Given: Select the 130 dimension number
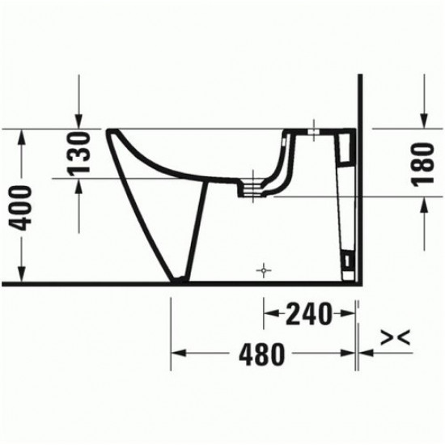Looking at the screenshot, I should click(x=78, y=153).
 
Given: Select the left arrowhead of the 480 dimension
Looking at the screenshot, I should click(x=177, y=353).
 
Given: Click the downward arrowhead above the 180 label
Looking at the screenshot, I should click(x=425, y=121).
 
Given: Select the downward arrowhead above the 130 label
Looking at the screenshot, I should click(x=78, y=121).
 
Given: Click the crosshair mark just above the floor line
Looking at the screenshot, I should click(x=261, y=270).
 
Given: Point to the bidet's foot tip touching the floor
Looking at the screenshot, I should click(x=174, y=280).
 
